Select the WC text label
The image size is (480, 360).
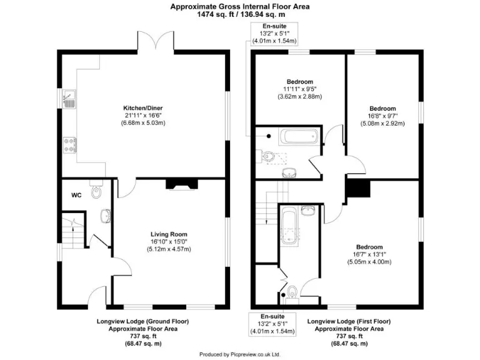pos(76,196)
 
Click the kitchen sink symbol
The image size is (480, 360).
pos(70,98)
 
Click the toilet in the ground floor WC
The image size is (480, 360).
pos(96,192)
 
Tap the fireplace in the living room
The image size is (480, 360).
pos(177,184)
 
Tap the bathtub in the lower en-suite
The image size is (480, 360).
pos(289,226)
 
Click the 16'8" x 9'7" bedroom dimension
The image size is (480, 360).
pos(382,116)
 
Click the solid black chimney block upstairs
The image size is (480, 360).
pos(358,187)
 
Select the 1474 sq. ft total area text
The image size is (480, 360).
pos(239,14)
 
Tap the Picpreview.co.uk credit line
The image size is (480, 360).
pos(239,354)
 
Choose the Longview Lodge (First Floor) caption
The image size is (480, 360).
pos(349,321)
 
